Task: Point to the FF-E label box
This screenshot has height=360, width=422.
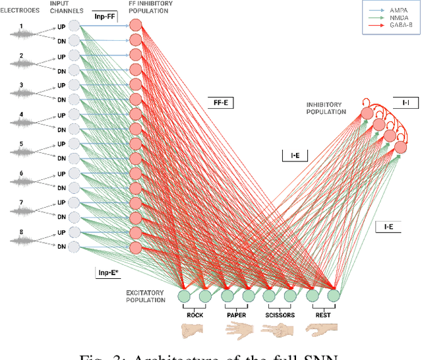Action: pyautogui.click(x=220, y=102)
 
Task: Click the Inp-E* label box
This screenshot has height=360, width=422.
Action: pyautogui.click(x=107, y=271)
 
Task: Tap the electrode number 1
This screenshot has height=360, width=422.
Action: pyautogui.click(x=20, y=27)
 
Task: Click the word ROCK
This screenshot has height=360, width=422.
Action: pyautogui.click(x=195, y=315)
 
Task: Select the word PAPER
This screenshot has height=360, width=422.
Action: pyautogui.click(x=237, y=315)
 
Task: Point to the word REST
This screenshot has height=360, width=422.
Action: pyautogui.click(x=322, y=315)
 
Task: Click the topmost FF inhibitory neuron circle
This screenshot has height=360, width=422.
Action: pyautogui.click(x=136, y=26)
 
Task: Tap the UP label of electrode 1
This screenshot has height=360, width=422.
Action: pyautogui.click(x=61, y=25)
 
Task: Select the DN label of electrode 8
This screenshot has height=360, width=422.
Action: pyautogui.click(x=61, y=247)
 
